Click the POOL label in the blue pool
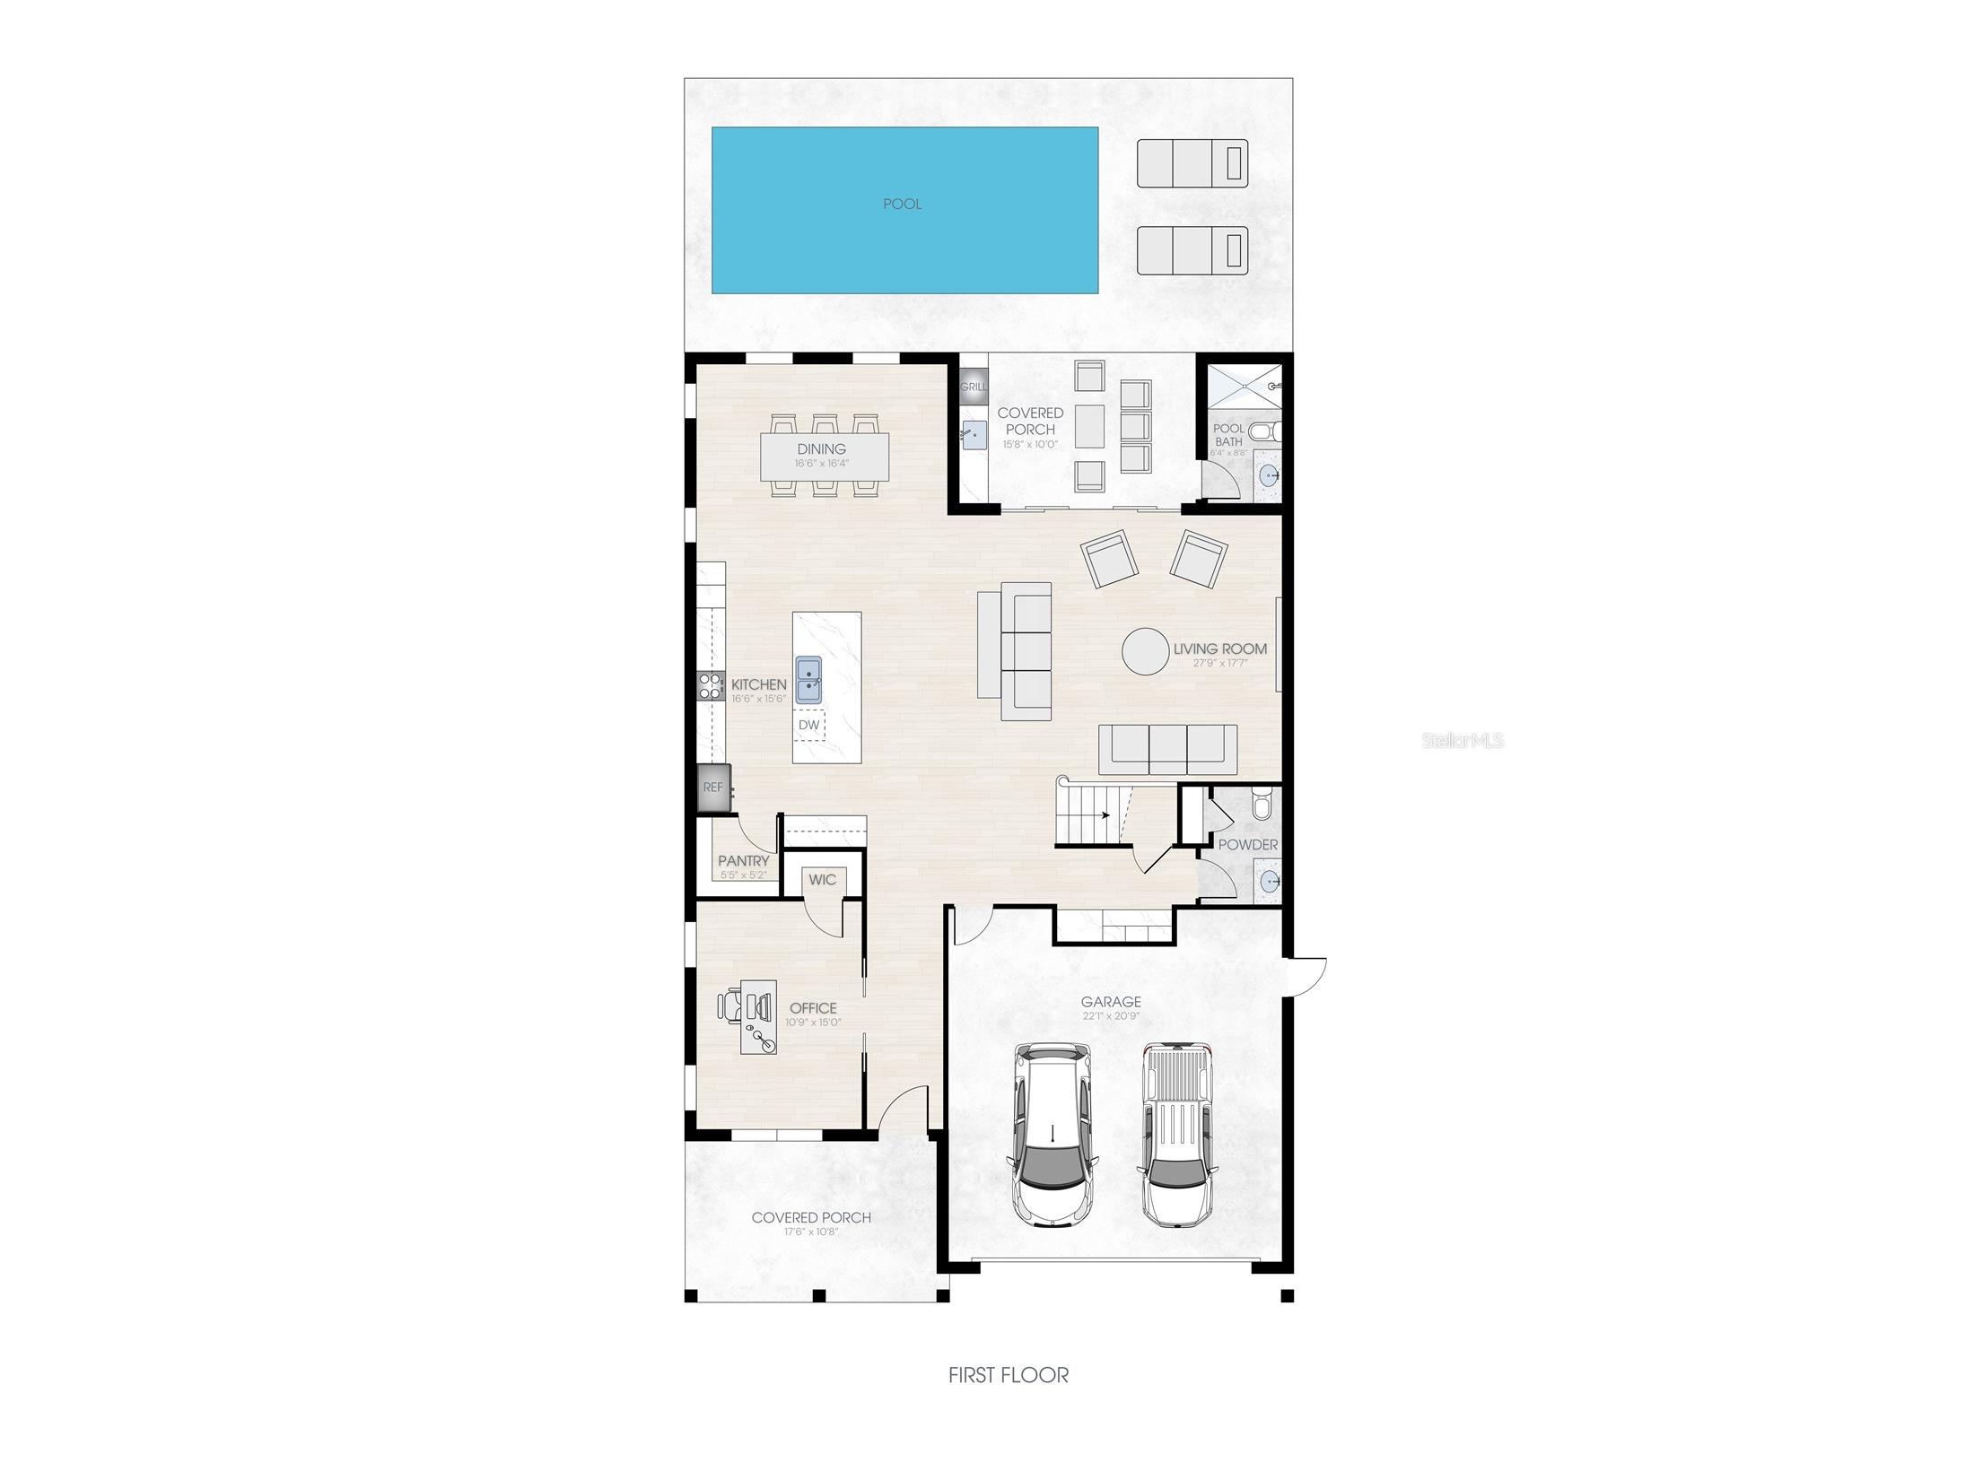(x=902, y=205)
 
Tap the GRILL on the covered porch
(x=973, y=387)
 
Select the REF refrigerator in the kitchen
(x=713, y=788)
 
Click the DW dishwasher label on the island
(x=808, y=725)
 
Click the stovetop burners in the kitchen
(x=711, y=686)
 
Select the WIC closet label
(x=822, y=880)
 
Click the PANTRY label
(x=743, y=861)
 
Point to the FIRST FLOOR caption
(x=1009, y=1374)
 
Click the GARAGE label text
(x=1111, y=1002)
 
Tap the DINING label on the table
(x=821, y=449)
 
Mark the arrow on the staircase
(x=1105, y=815)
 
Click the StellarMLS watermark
(x=1463, y=741)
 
